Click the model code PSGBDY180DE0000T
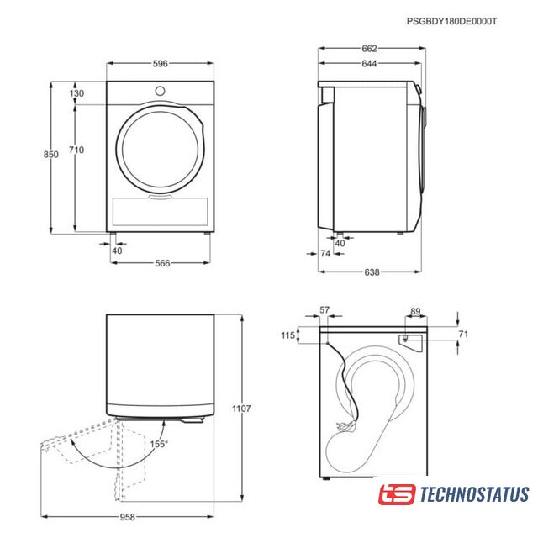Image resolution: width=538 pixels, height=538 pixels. (x=451, y=21)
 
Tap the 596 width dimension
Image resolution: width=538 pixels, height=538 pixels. (x=161, y=64)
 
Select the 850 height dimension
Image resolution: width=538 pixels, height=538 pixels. (x=50, y=155)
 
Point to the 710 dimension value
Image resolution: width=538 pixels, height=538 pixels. (x=76, y=150)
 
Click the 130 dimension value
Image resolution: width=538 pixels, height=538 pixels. (x=76, y=93)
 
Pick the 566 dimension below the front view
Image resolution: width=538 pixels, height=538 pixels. (x=162, y=263)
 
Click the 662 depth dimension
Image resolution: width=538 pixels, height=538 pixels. (x=369, y=49)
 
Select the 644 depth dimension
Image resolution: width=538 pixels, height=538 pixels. (x=369, y=64)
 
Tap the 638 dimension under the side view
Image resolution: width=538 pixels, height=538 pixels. (x=372, y=272)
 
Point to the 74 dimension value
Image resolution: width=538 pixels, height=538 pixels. (x=325, y=253)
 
